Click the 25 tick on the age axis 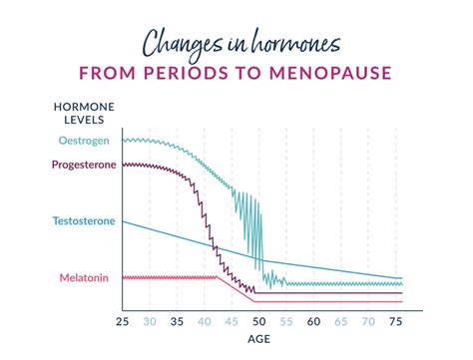(x=122, y=322)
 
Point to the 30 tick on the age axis (x=149, y=322)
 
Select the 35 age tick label (x=177, y=322)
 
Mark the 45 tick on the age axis (x=232, y=322)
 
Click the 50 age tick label (x=259, y=322)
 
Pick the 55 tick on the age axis (x=287, y=322)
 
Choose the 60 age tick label (x=314, y=322)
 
